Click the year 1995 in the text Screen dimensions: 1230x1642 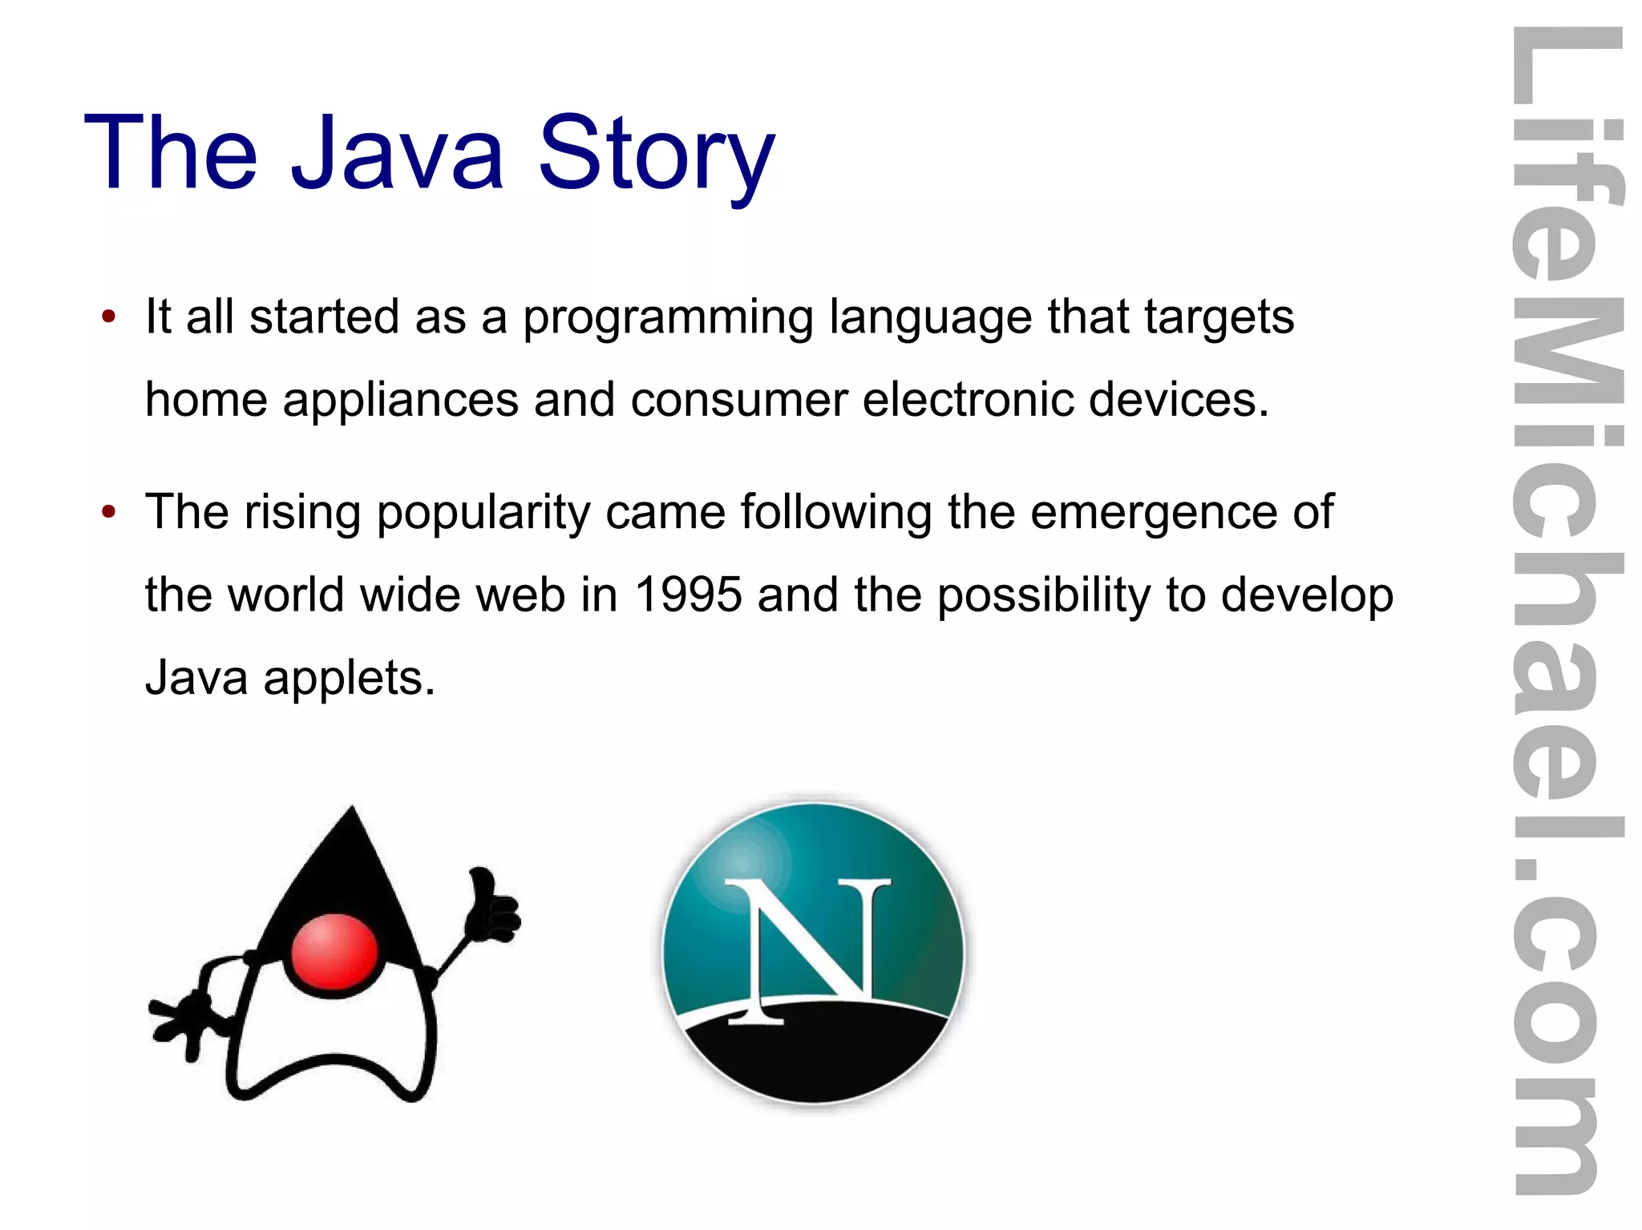pyautogui.click(x=688, y=595)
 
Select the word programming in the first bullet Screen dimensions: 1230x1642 pyautogui.click(x=667, y=317)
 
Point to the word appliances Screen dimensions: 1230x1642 pyautogui.click(x=400, y=400)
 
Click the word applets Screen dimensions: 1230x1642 pyautogui.click(x=349, y=679)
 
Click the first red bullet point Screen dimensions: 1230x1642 pyautogui.click(x=109, y=315)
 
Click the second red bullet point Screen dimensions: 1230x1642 pyautogui.click(x=109, y=510)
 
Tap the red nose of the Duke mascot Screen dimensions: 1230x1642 pyautogui.click(x=334, y=952)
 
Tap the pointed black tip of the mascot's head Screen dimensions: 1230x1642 pyautogui.click(x=351, y=825)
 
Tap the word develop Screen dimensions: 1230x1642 pyautogui.click(x=1307, y=595)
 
